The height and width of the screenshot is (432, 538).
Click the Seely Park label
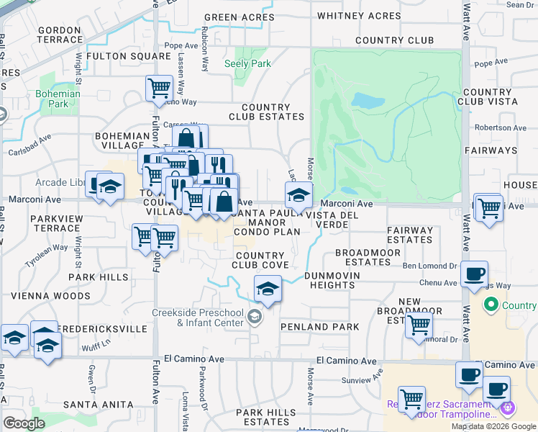(247, 63)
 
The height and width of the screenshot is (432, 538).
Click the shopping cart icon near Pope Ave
(158, 89)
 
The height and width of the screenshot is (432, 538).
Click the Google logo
(24, 423)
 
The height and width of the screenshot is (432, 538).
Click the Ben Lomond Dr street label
(429, 266)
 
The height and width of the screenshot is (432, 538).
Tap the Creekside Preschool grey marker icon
(254, 317)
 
